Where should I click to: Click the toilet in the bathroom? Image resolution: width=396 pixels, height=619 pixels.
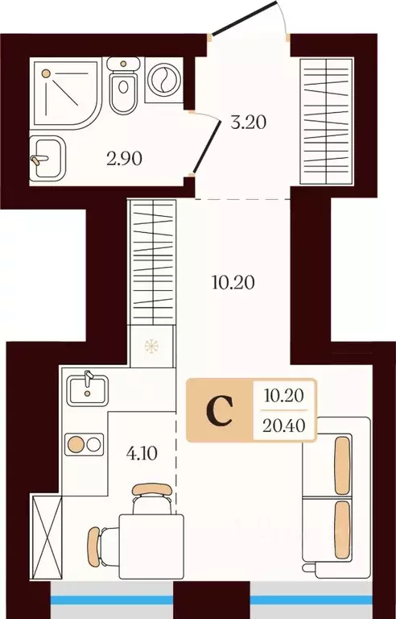123,85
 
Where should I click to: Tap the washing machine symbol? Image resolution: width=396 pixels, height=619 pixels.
164,79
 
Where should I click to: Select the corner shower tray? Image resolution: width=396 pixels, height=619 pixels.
65,93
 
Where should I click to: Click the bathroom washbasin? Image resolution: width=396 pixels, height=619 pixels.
47,158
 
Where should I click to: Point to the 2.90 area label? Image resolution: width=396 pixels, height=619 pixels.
124,159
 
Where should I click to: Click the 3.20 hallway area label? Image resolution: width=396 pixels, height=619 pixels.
249,123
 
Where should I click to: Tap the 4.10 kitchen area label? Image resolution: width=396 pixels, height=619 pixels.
142,454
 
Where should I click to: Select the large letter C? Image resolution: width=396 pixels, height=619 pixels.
219,411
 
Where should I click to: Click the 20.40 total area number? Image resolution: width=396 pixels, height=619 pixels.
284,426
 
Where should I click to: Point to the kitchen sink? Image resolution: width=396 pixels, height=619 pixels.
87,390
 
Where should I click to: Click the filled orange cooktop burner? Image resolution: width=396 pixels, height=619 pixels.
76,445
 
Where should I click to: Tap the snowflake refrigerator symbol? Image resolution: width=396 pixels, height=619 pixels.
151,347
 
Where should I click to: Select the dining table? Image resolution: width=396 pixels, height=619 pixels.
151,546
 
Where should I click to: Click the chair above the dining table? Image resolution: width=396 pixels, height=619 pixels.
151,499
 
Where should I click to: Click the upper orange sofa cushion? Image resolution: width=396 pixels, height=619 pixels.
342,465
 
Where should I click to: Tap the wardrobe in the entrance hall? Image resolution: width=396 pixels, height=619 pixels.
326,121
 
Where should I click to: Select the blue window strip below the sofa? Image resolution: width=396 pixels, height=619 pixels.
311,600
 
